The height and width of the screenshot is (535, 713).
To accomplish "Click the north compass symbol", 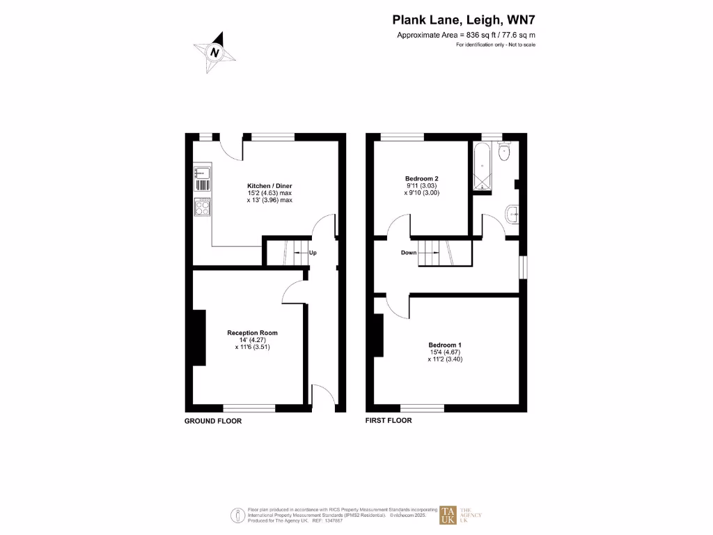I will (215, 52).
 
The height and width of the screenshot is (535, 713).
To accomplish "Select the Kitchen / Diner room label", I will (269, 185).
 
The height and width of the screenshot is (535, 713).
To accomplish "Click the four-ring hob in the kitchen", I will (203, 207).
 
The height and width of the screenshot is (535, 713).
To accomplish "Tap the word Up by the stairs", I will (313, 252).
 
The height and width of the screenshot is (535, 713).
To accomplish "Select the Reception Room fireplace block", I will (198, 337).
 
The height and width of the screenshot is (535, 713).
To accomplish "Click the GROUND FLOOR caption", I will (213, 421).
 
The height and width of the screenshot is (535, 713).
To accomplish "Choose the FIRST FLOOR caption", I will (389, 421).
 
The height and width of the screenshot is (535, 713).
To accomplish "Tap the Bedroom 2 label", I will (421, 178).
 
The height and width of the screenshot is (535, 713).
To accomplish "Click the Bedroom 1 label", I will (446, 345).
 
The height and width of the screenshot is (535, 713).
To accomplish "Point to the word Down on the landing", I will (409, 252).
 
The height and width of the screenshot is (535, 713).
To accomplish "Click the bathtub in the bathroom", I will (482, 168).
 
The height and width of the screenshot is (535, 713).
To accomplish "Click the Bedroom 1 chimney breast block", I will (379, 335).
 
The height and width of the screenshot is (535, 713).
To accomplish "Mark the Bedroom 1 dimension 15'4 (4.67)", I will (446, 352).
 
